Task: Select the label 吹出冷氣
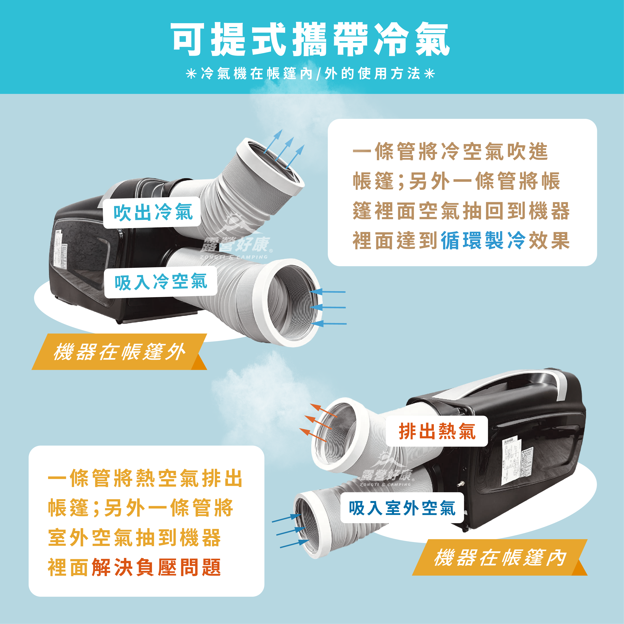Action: pos(153,212)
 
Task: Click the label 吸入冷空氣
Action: pos(161,282)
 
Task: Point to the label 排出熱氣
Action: pos(437,431)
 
